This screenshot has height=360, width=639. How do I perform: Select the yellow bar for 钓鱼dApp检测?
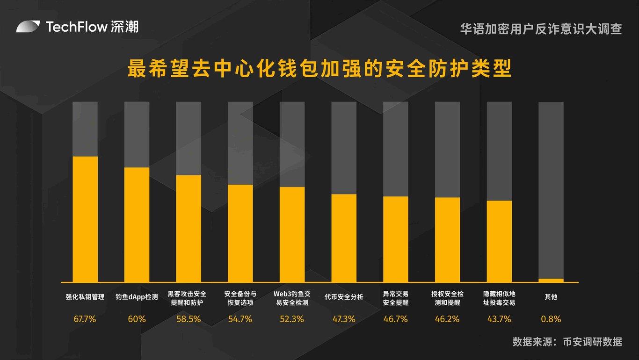[x=137, y=224]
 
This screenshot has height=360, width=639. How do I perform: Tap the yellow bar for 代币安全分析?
[x=344, y=238]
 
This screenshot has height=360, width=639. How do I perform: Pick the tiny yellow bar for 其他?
[x=551, y=281]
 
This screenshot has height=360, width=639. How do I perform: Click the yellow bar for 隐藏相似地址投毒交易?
[x=499, y=241]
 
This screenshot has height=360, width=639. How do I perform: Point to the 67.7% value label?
[x=85, y=319]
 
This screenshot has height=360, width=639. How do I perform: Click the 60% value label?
[x=137, y=319]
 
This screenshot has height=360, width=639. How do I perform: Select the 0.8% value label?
[x=551, y=319]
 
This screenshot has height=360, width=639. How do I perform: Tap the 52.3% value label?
[x=292, y=319]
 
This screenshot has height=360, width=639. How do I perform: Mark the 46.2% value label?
[x=447, y=319]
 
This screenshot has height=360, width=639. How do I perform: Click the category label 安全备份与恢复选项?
[x=240, y=298]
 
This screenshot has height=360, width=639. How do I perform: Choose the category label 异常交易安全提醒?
[x=396, y=298]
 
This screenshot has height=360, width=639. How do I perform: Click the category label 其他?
[x=551, y=296]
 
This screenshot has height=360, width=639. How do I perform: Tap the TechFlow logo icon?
[x=29, y=27]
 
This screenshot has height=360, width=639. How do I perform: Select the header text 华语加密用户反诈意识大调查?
[x=541, y=29]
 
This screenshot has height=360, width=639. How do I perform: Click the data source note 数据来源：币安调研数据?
[x=567, y=341]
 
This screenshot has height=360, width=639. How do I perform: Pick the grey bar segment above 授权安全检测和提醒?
[x=447, y=150]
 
